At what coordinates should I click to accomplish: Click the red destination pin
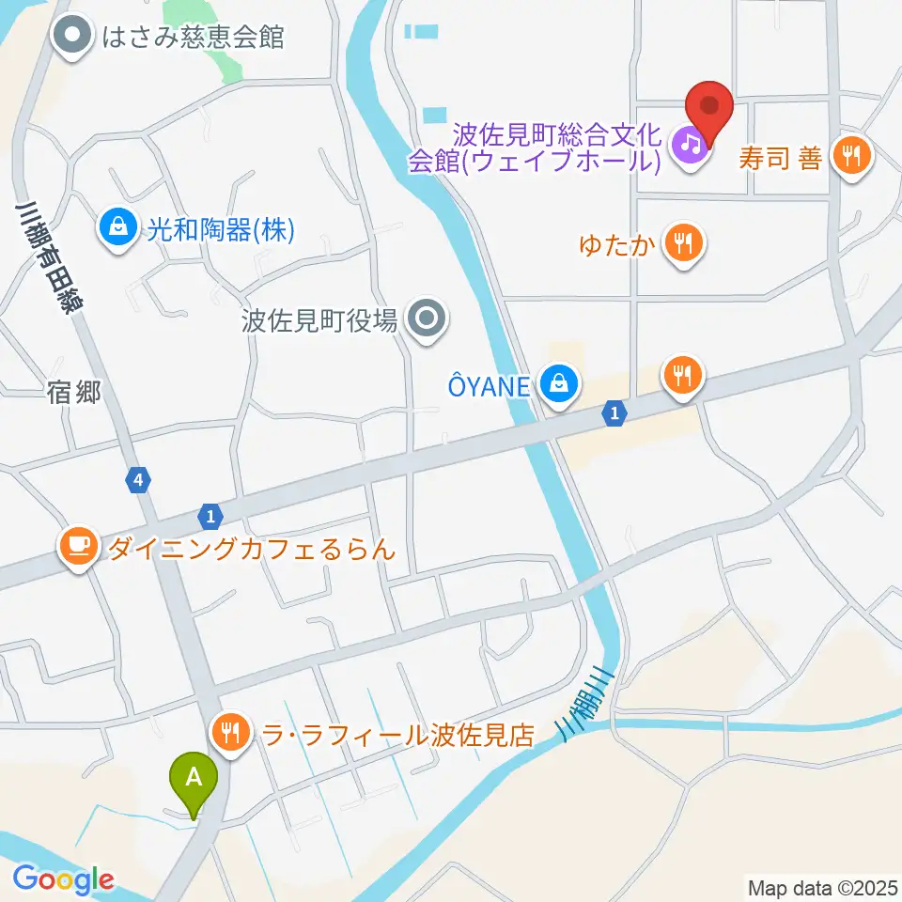pos(709,109)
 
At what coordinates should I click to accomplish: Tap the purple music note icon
pos(691,144)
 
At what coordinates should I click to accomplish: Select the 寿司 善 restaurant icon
pos(852,156)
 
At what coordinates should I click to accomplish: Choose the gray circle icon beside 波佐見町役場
pos(428,320)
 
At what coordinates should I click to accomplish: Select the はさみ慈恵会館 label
pos(194,38)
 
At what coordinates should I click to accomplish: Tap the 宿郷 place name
pos(73,394)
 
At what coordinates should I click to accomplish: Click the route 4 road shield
pos(139,480)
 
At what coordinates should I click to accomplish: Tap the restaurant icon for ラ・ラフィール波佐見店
pos(231,733)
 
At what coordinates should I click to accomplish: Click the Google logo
pos(63,879)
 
